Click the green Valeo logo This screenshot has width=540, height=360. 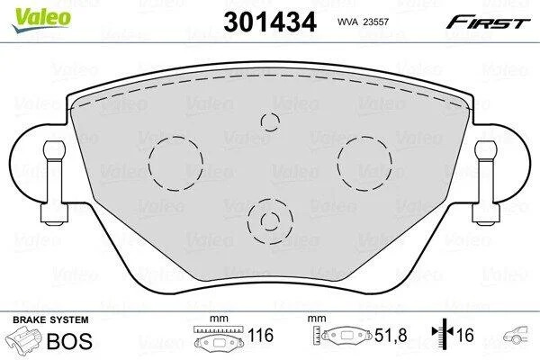41,20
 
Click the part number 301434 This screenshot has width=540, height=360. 270,22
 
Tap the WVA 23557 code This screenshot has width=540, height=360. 363,22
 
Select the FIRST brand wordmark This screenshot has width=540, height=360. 488,22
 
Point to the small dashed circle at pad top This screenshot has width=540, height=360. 270,122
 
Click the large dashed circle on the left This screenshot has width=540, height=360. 176,164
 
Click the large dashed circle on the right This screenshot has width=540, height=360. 364,164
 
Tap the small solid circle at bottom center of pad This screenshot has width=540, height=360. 270,221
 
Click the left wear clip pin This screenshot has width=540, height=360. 54,183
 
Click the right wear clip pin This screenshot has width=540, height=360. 486,183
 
